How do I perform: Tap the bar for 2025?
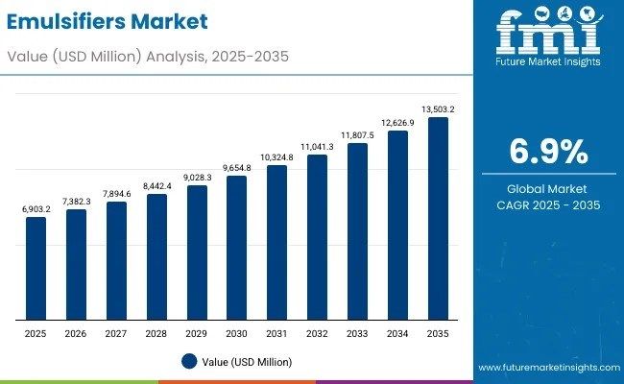point(36,268)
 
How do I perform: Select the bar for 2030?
point(236,248)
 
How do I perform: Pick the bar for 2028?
point(156,256)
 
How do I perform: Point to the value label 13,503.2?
point(437,110)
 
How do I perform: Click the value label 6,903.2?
point(36,208)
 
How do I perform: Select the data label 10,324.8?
point(276,156)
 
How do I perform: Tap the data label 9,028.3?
point(196,177)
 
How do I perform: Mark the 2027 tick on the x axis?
point(116,332)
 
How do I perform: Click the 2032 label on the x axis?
point(317,332)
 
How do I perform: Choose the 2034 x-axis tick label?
point(397,332)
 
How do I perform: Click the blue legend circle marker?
point(189,362)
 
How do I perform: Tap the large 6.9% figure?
point(548,152)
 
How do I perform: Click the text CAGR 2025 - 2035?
point(548,205)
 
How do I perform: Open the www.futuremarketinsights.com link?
point(547,368)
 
